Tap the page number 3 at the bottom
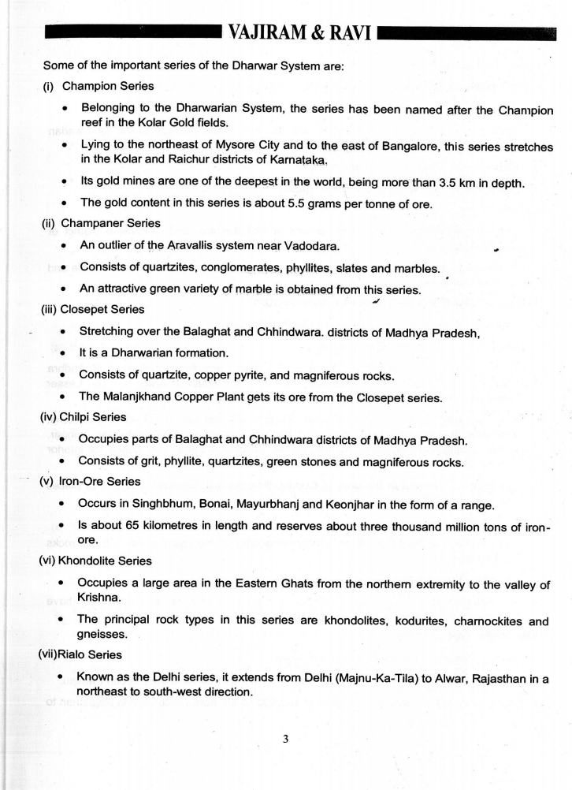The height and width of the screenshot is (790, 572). [287, 739]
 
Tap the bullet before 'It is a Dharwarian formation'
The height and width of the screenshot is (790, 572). [62, 352]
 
